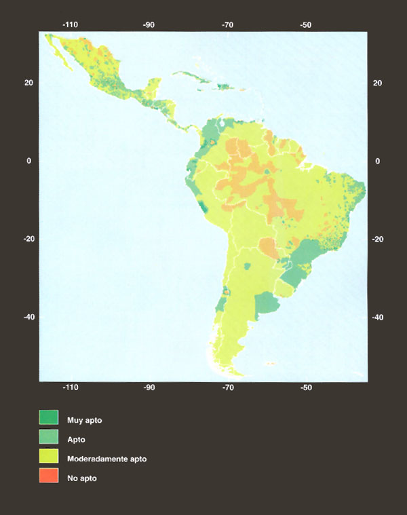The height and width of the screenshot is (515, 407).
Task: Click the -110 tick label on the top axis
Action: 70,24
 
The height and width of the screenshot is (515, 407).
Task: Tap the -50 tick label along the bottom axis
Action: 306,388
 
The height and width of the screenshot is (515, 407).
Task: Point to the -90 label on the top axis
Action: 149,24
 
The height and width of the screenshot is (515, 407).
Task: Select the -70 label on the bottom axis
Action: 228,388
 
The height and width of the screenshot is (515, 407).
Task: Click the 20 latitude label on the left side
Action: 28,83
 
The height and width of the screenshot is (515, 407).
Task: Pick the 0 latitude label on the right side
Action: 379,161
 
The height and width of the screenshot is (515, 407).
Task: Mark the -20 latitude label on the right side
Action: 377,239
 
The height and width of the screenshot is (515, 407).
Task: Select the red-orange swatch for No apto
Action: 49,478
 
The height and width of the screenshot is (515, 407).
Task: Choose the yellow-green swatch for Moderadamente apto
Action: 49,459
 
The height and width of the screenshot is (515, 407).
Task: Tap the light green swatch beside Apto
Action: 49,439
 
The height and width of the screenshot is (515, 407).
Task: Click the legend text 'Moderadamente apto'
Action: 106,459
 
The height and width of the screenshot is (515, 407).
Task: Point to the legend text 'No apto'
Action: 82,479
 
